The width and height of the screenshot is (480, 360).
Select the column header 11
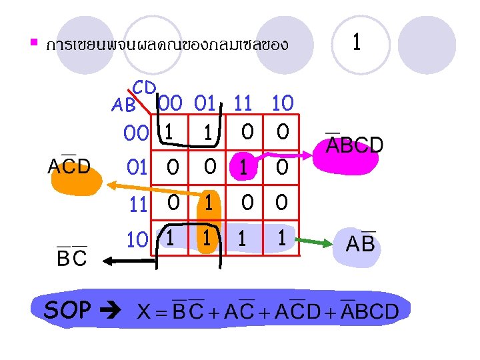[243, 103]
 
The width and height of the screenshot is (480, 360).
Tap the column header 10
[283, 103]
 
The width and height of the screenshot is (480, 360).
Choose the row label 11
[138, 203]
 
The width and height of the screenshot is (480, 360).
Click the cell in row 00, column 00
[171, 133]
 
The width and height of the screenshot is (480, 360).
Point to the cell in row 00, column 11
[247, 133]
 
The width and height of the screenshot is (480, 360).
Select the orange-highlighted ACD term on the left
[69, 167]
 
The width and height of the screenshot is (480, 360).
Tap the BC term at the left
[71, 257]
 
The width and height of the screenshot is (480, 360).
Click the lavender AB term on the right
[361, 245]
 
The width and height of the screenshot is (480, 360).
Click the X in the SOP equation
[143, 311]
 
